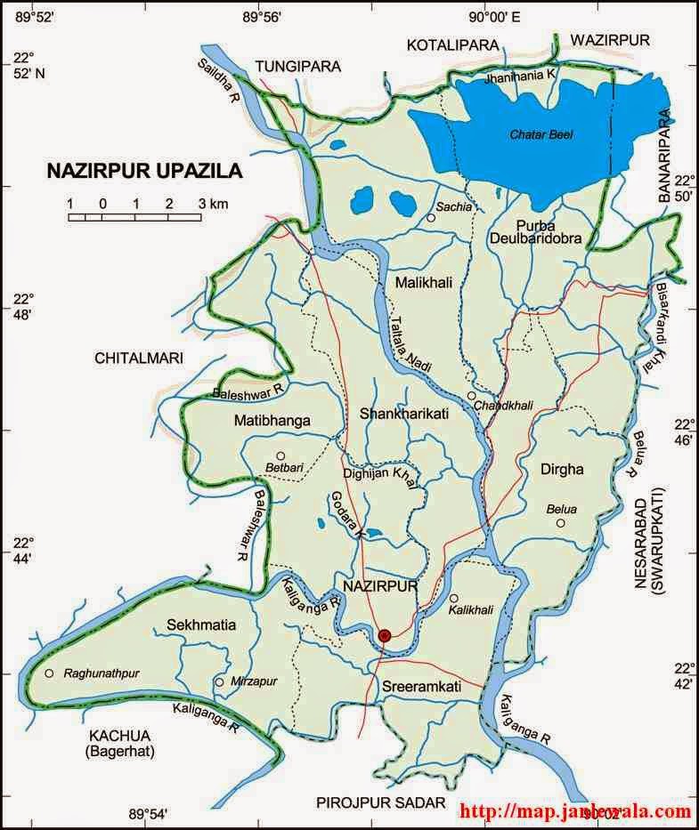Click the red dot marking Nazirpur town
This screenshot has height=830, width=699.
tap(385, 635)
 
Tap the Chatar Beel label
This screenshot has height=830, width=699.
tap(541, 134)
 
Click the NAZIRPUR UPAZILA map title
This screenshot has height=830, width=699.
tap(144, 170)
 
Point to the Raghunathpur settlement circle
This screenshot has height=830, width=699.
tap(49, 673)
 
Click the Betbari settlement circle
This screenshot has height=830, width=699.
tap(280, 455)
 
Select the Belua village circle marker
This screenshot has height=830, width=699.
tap(561, 523)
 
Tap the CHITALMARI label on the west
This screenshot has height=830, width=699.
tap(138, 358)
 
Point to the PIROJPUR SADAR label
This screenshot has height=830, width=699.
tap(380, 803)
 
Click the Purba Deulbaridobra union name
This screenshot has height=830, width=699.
tap(535, 230)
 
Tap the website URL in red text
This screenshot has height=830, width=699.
tap(575, 811)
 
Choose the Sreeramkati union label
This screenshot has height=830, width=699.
tap(421, 688)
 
